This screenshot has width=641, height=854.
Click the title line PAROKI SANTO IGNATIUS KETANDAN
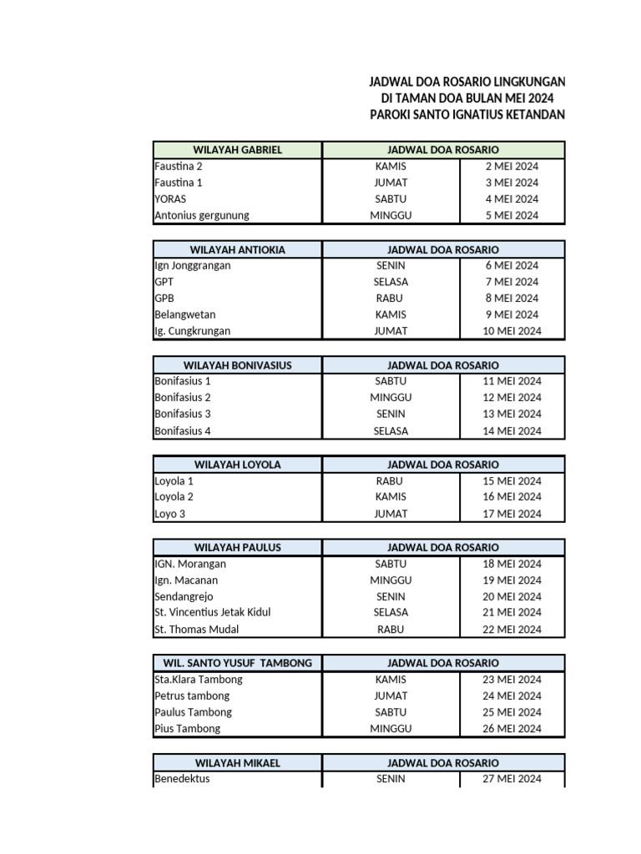click(467, 114)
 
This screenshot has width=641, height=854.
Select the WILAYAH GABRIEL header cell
click(238, 150)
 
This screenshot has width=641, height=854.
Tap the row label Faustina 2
click(179, 166)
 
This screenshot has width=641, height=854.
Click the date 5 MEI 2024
click(512, 215)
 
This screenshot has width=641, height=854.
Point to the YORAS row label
click(170, 199)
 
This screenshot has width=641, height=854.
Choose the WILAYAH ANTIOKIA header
click(238, 249)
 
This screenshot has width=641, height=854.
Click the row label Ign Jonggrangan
click(193, 265)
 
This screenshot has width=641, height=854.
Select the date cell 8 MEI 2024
click(512, 298)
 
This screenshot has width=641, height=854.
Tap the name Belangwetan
click(184, 314)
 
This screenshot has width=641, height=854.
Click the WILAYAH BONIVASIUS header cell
click(238, 365)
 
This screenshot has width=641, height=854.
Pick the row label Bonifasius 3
click(183, 414)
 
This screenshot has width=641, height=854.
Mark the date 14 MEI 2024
click(512, 431)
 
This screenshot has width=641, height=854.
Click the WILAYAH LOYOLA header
click(238, 465)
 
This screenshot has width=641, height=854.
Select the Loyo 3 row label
click(170, 514)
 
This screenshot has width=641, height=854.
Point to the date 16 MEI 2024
click(512, 496)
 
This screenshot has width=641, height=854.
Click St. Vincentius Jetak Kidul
click(212, 612)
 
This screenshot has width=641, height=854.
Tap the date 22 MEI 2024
click(512, 629)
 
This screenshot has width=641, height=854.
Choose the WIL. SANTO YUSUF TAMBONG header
click(238, 663)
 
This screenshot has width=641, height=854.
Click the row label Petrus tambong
click(192, 696)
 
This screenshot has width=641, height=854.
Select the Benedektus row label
click(182, 779)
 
